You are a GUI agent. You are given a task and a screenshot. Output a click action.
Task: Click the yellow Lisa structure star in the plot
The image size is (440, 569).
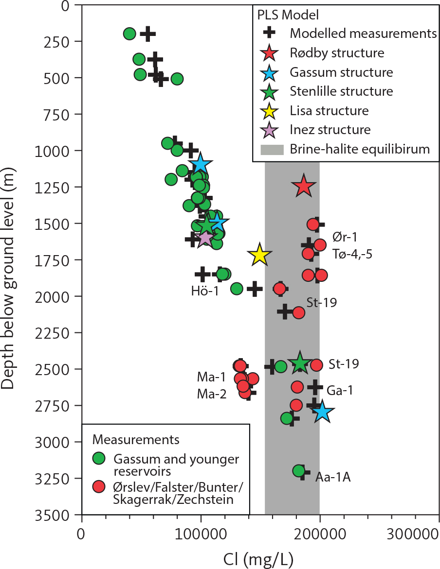click(259, 255)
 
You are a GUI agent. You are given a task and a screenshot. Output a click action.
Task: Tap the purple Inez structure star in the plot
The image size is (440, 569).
click(205, 238)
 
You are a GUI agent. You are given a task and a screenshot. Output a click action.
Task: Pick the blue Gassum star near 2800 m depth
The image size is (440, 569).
click(322, 412)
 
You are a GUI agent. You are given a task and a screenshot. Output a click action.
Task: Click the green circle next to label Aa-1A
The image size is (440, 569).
click(299, 470)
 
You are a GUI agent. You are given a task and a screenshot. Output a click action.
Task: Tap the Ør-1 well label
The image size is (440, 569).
click(344, 237)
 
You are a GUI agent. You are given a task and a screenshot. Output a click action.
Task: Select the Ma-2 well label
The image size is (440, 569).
click(212, 395)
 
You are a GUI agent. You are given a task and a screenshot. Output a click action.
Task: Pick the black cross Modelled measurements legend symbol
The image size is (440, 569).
click(269, 33)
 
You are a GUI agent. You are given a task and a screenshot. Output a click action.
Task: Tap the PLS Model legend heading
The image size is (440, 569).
click(288, 15)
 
